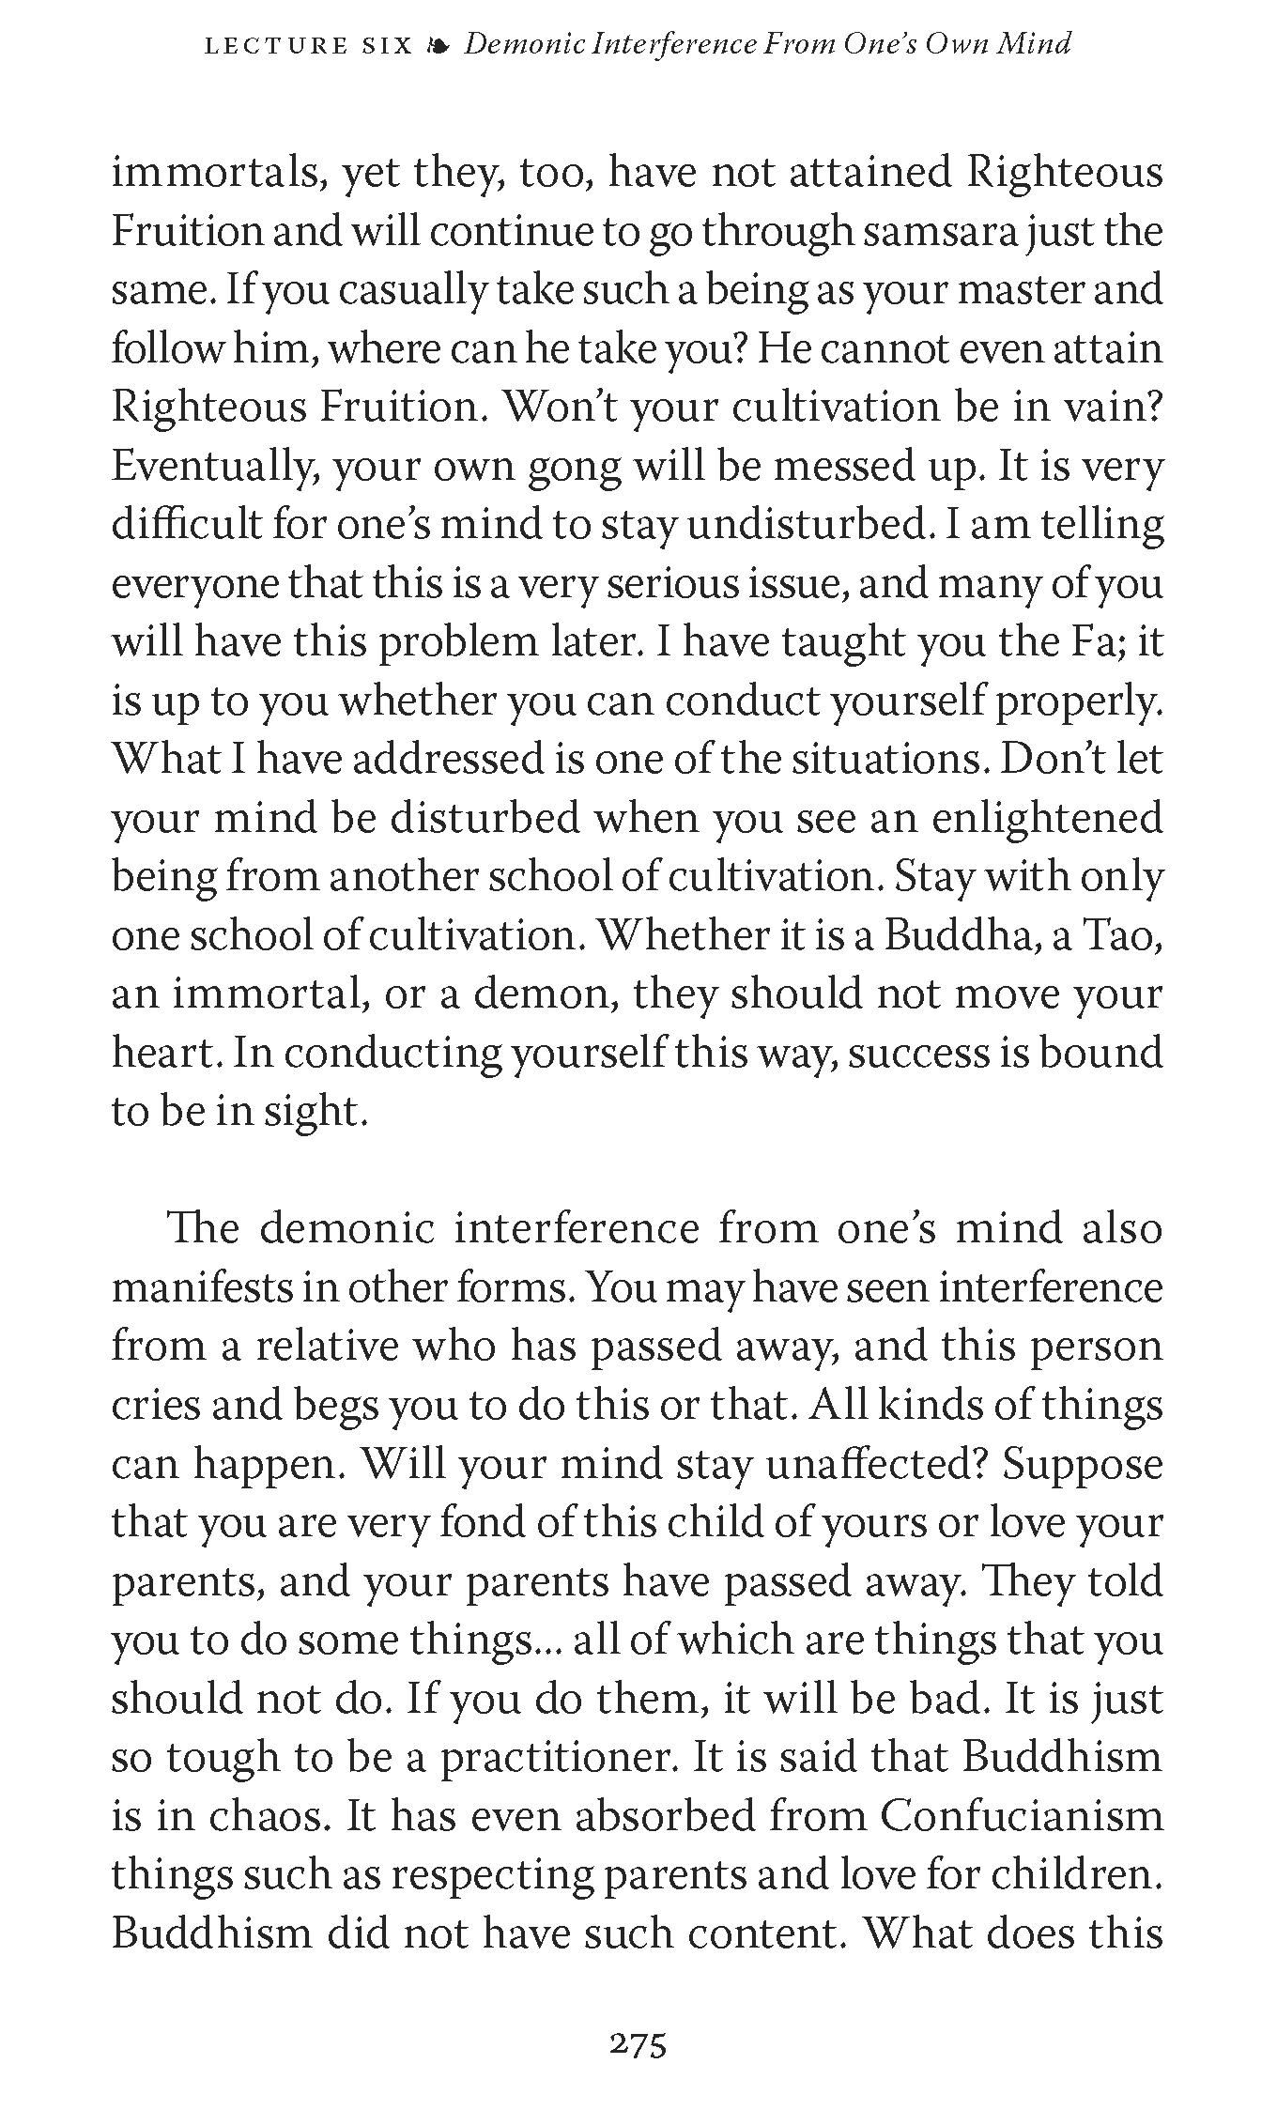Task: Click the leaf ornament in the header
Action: [438, 46]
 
